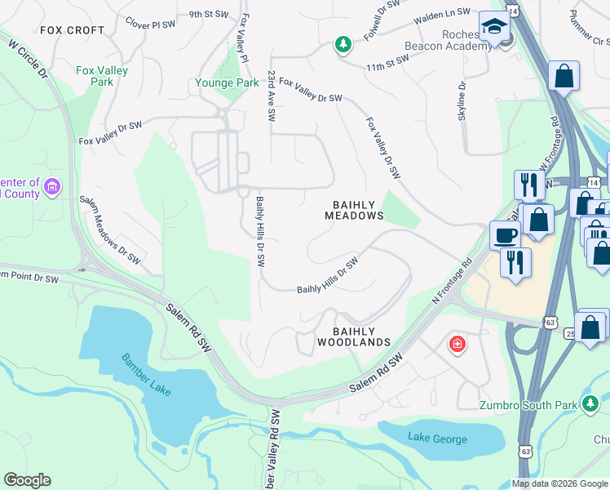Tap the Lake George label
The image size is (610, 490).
[x=438, y=439]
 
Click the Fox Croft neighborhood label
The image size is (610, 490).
[x=72, y=30]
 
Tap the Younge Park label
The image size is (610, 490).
[x=226, y=82]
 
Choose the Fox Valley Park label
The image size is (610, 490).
[x=102, y=76]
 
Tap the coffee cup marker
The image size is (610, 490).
[x=504, y=235]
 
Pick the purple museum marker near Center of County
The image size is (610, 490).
[x=53, y=188]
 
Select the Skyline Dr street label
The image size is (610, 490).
[x=462, y=100]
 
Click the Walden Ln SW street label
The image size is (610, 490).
[x=442, y=14]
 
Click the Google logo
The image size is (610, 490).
[x=27, y=480]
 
